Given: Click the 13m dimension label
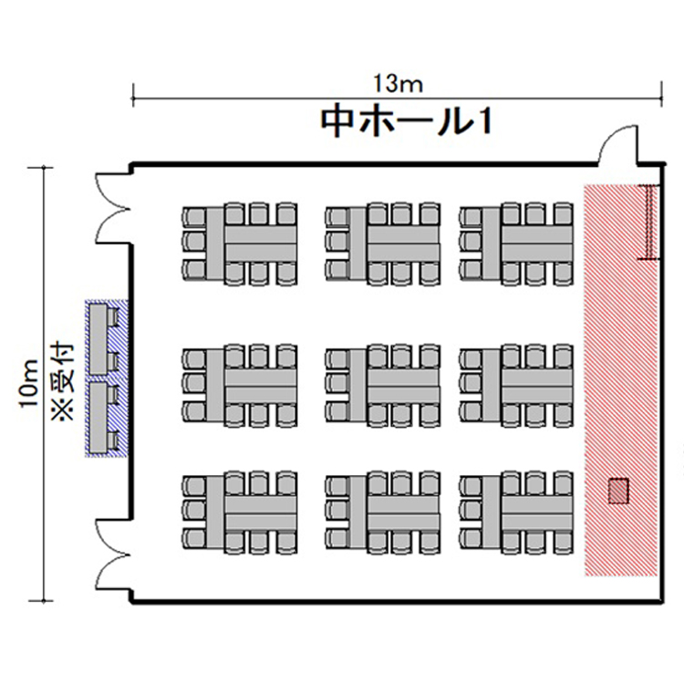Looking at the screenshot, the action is pyautogui.click(x=399, y=84).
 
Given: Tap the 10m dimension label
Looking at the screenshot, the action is pyautogui.click(x=29, y=383).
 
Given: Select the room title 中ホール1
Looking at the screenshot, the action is pyautogui.click(x=407, y=122).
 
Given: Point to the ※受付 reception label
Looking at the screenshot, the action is pyautogui.click(x=63, y=383).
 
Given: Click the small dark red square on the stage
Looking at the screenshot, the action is pyautogui.click(x=618, y=492).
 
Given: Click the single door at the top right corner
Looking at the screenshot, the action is pyautogui.click(x=617, y=144).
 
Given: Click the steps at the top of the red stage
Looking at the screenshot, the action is pyautogui.click(x=650, y=222).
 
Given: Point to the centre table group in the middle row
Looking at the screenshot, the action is pyautogui.click(x=383, y=386).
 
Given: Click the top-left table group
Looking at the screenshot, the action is pyautogui.click(x=240, y=244).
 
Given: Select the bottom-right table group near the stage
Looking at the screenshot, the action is pyautogui.click(x=516, y=513).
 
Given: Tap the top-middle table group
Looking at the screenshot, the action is pyautogui.click(x=383, y=244).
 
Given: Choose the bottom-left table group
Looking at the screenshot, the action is pyautogui.click(x=240, y=513).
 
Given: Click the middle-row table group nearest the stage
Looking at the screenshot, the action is pyautogui.click(x=516, y=386).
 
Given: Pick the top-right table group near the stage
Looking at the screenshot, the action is pyautogui.click(x=516, y=244).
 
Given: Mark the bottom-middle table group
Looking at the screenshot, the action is pyautogui.click(x=383, y=513).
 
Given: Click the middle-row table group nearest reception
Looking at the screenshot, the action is pyautogui.click(x=240, y=386).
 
